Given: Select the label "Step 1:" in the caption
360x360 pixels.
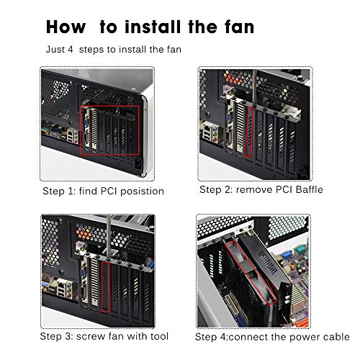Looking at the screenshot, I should (x=60, y=192).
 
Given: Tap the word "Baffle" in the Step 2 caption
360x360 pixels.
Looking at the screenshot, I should (x=306, y=190).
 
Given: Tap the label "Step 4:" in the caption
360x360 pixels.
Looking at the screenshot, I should (x=215, y=337).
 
